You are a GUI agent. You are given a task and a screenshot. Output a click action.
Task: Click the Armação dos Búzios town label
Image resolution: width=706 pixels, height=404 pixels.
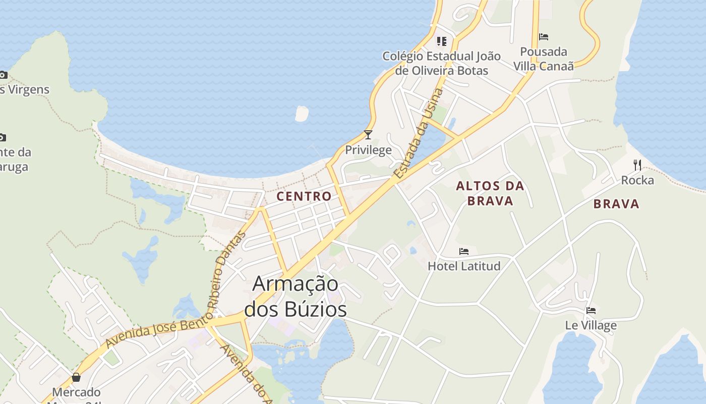click(296, 296)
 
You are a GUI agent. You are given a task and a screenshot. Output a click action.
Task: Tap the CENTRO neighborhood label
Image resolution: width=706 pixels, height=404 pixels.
click(305, 196)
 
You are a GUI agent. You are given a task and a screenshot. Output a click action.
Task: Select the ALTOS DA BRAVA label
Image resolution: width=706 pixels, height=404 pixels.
click(490, 193)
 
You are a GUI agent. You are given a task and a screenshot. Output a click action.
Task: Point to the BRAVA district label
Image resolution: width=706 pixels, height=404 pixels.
click(616, 204)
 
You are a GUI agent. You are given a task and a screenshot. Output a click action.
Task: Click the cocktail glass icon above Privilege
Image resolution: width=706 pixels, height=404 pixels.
click(368, 134)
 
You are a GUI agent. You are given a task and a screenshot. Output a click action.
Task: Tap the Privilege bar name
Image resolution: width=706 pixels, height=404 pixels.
click(368, 150)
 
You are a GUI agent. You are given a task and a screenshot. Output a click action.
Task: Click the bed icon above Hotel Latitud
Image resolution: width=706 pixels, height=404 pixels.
click(464, 251)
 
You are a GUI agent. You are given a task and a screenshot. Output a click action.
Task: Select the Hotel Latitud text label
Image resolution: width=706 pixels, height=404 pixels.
click(464, 266)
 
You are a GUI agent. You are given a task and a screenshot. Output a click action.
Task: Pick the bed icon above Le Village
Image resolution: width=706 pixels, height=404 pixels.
click(591, 310)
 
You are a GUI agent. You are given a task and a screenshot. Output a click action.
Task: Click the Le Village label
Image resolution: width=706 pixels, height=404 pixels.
click(591, 325)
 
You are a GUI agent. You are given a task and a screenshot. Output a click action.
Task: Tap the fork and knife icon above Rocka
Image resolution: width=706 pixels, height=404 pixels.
click(637, 165)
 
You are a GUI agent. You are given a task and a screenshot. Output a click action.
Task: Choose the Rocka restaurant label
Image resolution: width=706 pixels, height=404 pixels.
click(637, 180)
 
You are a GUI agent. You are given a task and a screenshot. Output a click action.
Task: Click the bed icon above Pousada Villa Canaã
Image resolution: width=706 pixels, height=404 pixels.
click(544, 37)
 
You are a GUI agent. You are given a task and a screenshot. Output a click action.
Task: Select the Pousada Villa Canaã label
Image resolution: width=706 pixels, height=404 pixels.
click(544, 59)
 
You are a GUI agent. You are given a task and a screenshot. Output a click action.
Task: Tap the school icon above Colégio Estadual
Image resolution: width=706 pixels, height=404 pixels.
click(442, 41)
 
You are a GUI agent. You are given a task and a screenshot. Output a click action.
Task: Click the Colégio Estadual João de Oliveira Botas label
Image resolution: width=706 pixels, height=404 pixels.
click(442, 63)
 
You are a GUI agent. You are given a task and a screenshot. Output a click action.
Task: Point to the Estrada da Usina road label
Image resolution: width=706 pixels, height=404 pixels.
click(419, 134)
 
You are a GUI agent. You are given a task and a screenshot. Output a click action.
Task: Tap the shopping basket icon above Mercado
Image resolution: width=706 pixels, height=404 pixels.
click(76, 377)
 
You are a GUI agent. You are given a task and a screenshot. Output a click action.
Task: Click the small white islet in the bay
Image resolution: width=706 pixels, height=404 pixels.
click(302, 114)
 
